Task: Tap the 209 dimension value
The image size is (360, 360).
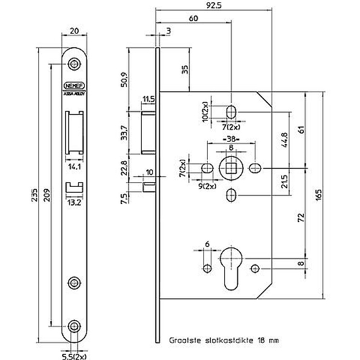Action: click(48, 190)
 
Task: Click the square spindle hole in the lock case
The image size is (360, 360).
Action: click(232, 168)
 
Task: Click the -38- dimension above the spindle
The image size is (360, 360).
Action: click(231, 139)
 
